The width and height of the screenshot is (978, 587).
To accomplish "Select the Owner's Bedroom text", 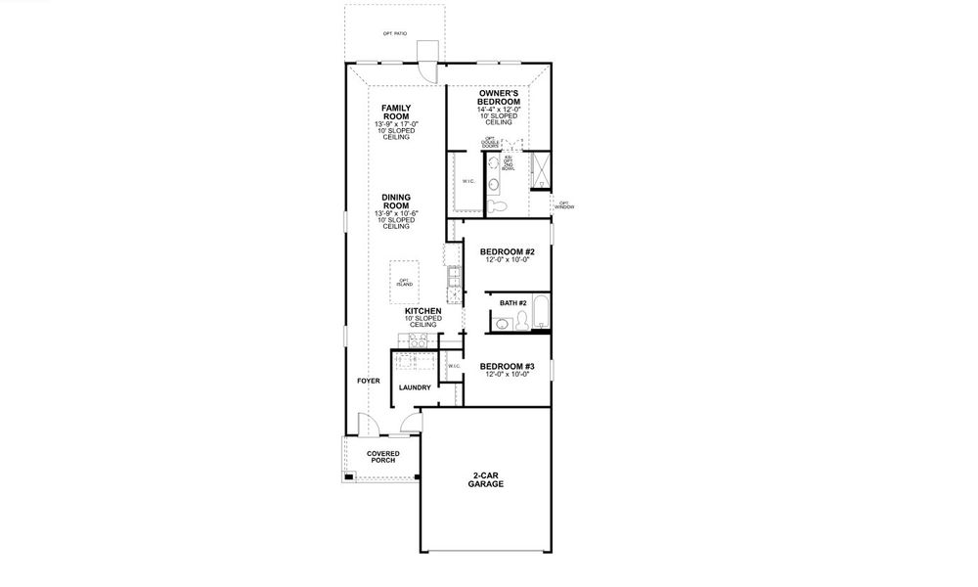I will click(x=499, y=97).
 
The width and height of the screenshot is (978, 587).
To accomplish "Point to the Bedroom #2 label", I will click(x=506, y=251).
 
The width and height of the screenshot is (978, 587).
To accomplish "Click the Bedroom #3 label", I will click(x=506, y=367).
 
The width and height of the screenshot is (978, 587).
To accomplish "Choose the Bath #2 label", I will click(x=513, y=303).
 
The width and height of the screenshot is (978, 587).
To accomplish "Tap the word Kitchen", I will click(x=423, y=310).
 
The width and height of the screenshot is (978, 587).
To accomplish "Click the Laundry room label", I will click(x=415, y=387).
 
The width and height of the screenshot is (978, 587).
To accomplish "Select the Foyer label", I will click(x=368, y=380).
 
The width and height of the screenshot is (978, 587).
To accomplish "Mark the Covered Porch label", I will click(x=382, y=458).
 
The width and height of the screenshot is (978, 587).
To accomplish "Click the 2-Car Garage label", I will click(x=486, y=479).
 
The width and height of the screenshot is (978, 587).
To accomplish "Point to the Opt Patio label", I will click(x=394, y=33).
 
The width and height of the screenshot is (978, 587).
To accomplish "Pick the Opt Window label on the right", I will click(x=564, y=205).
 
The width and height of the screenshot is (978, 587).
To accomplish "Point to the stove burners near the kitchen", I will click(x=413, y=340).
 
